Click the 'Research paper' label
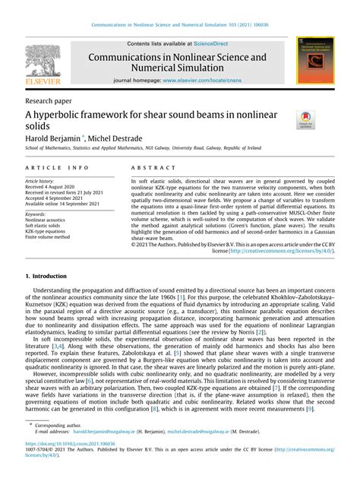click(x=51, y=100)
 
